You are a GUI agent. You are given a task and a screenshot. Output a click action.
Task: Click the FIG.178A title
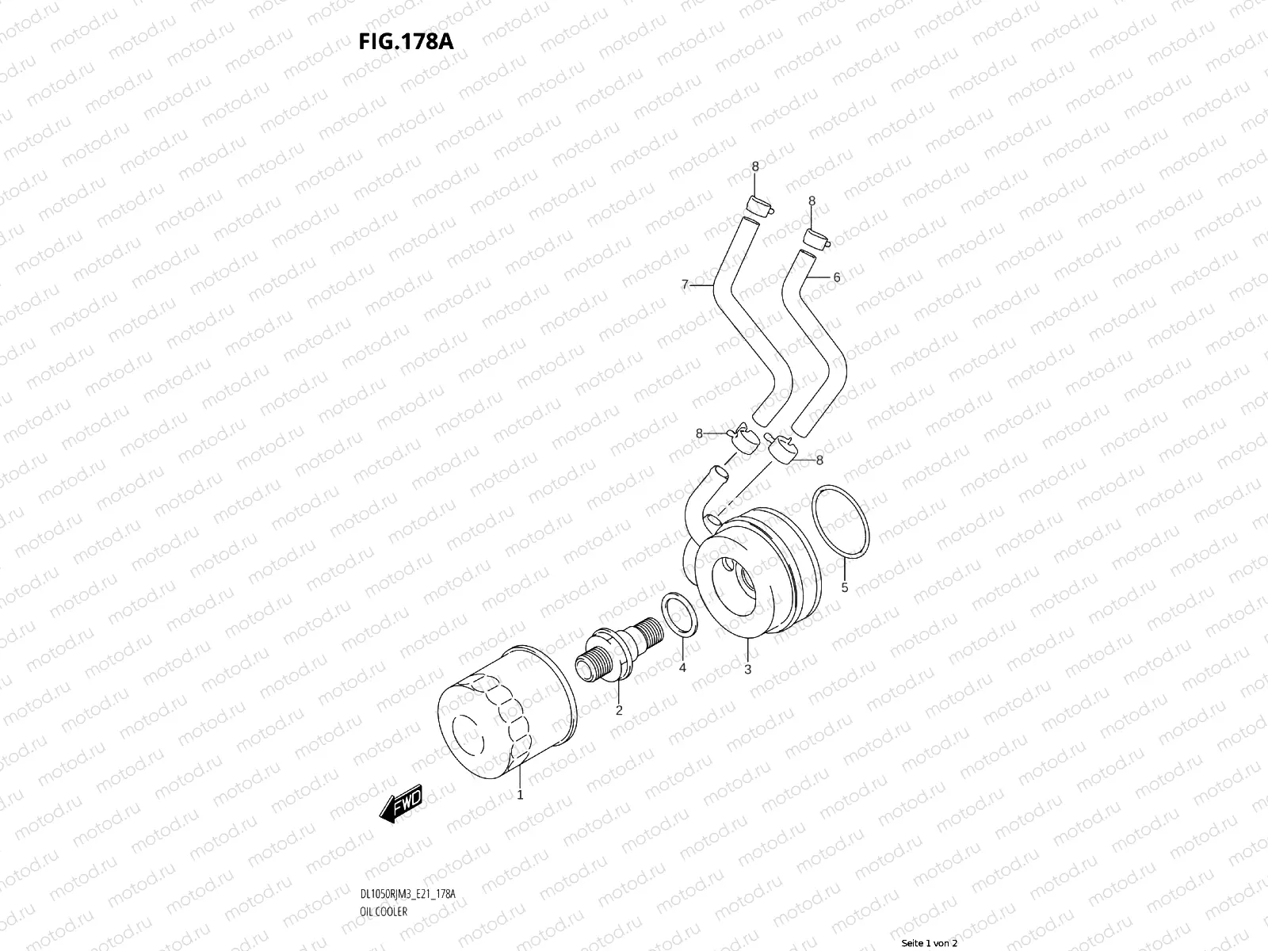[407, 41]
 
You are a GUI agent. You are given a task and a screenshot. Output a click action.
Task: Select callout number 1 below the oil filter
[520, 794]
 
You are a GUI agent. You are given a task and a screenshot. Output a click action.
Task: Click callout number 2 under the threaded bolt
[619, 710]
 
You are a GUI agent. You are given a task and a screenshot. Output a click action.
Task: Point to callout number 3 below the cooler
[747, 670]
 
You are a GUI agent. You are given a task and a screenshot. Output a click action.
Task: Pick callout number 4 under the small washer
[682, 668]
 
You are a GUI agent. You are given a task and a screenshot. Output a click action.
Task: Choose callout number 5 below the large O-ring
[844, 587]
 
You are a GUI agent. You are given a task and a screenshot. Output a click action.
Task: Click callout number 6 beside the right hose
[836, 277]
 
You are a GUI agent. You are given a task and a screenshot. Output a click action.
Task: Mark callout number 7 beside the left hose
[685, 284]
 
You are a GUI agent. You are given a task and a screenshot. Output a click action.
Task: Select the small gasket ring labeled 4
[678, 613]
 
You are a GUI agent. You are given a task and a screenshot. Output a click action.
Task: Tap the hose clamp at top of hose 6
[815, 239]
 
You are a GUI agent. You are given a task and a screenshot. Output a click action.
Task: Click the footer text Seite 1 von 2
[930, 944]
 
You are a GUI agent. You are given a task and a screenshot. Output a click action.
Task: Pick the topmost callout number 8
[754, 166]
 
